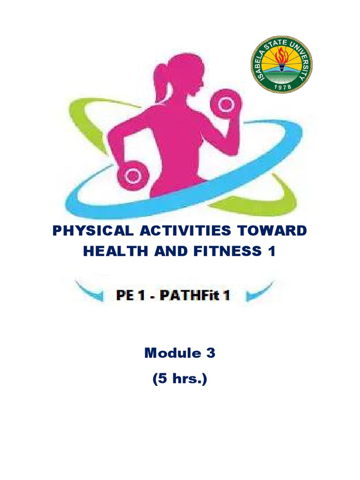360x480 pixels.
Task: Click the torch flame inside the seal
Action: [x=281, y=55]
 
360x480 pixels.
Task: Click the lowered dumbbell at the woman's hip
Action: [x=134, y=175]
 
